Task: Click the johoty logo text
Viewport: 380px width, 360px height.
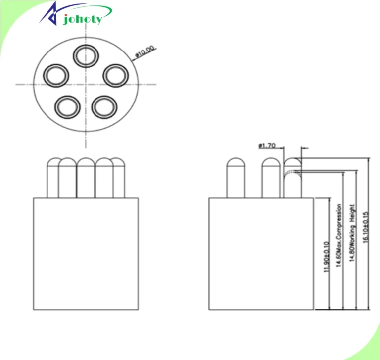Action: [83, 19]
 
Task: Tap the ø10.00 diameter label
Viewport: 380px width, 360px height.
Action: [145, 51]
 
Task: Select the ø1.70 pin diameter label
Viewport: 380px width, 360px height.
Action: [267, 146]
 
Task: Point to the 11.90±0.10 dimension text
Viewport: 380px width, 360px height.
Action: [327, 257]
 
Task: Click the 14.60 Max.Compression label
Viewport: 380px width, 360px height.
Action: [339, 236]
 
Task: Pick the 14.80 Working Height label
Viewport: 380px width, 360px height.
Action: [352, 233]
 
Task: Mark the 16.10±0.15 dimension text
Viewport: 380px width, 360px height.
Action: [366, 227]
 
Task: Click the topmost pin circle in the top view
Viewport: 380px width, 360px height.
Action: [86, 56]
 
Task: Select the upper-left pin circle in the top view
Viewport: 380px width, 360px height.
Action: [56, 75]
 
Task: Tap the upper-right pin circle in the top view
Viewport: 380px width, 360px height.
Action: [116, 75]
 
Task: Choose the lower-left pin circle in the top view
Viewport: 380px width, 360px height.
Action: [67, 107]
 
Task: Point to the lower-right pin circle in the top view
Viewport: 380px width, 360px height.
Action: [104, 107]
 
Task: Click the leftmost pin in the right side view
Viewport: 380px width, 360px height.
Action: [236, 178]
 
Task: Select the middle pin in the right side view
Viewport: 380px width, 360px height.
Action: [271, 178]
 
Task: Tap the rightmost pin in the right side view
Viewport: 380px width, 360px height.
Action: [293, 178]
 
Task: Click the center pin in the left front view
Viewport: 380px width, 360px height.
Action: [86, 178]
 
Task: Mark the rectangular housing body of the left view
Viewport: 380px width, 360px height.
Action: [86, 254]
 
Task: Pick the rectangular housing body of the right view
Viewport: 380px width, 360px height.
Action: [261, 254]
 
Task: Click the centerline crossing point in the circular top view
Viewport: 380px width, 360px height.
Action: [86, 85]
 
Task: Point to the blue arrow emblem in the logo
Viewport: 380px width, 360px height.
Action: [51, 14]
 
